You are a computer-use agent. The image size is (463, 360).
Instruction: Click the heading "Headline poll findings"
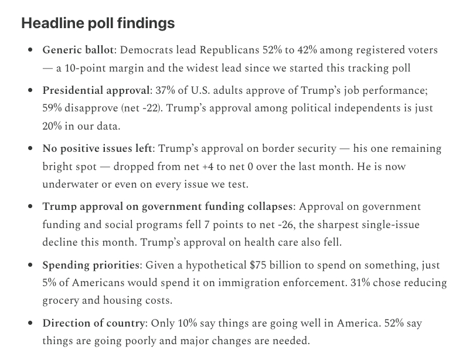[98, 23]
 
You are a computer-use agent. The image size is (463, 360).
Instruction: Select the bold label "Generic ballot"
[79, 51]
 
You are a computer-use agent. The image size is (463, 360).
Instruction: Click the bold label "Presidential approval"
[96, 91]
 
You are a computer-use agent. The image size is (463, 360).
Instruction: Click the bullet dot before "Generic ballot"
[30, 51]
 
